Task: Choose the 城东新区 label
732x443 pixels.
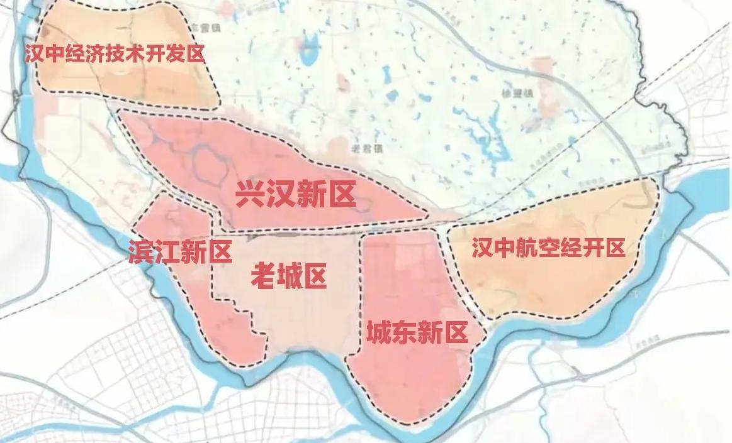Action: tap(417, 332)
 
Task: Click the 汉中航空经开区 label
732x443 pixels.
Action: tap(548, 249)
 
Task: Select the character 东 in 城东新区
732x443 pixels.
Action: tap(405, 332)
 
